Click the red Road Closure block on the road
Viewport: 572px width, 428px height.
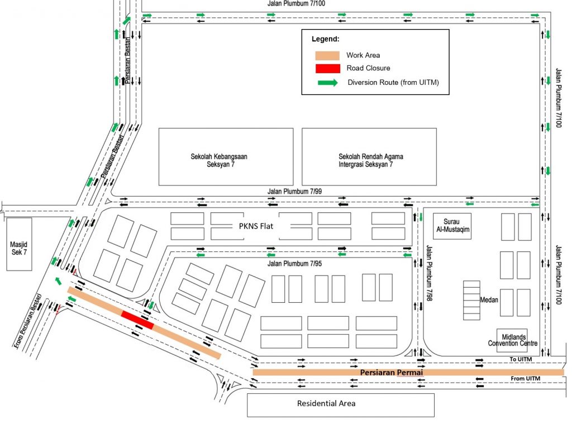(137, 320)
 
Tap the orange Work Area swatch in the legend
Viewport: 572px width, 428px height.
(327, 55)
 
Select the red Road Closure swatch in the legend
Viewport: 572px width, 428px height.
(327, 68)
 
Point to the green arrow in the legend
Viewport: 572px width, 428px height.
(327, 83)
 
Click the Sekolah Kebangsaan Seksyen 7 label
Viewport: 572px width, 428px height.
(219, 160)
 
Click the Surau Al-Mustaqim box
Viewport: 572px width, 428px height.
(452, 226)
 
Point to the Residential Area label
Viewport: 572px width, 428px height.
(326, 403)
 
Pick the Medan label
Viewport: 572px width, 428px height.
(489, 299)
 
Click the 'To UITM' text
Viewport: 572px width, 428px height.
(520, 359)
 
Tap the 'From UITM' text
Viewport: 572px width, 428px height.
(526, 379)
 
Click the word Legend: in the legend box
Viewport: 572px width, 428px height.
(325, 39)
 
